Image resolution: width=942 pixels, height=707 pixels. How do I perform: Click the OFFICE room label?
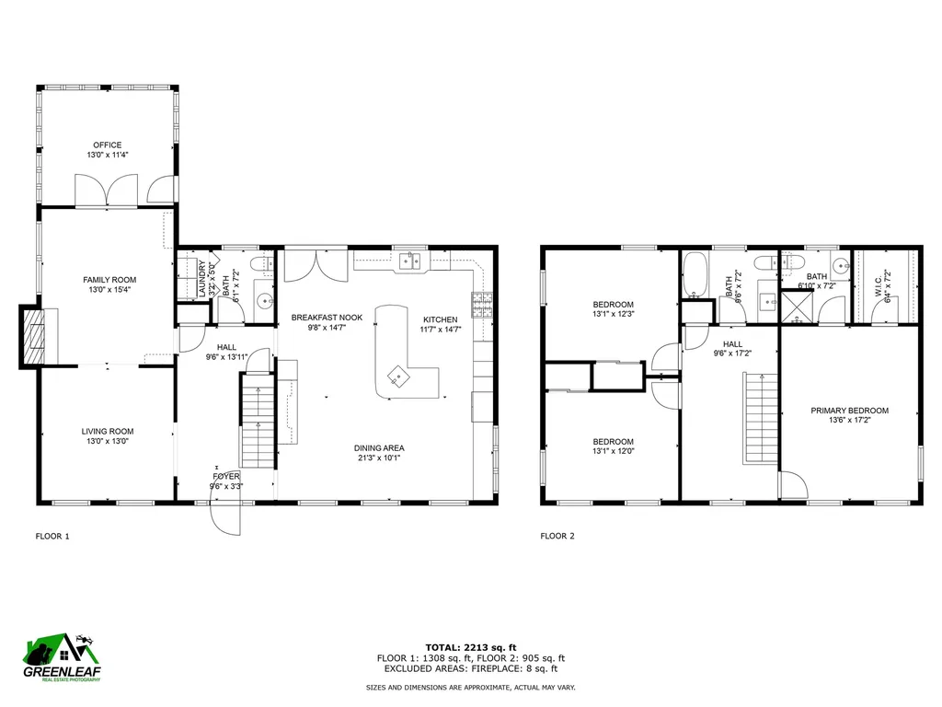point(107,145)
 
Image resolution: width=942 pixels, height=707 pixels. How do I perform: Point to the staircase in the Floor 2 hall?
point(760,419)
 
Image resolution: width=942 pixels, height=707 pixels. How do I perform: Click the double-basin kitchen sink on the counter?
point(409,262)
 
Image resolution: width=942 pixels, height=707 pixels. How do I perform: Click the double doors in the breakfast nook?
point(304,267)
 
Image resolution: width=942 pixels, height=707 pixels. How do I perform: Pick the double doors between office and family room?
point(109,191)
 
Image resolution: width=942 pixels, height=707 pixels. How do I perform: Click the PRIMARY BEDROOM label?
point(849,411)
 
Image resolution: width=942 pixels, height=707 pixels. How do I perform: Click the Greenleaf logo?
point(62,661)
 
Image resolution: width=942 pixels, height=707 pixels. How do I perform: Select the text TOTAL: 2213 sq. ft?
point(470,646)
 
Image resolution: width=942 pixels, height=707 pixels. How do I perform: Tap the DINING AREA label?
point(379,448)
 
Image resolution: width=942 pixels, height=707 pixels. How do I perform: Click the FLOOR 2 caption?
point(557,536)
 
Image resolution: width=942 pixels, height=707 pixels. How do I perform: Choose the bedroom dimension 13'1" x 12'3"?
point(613,315)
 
